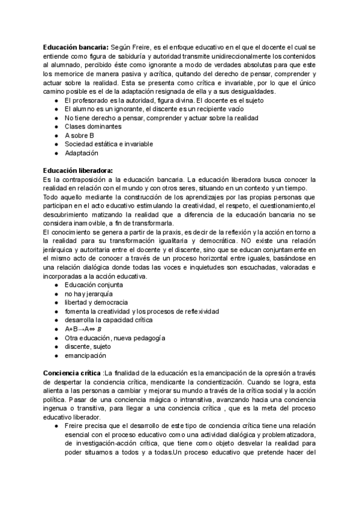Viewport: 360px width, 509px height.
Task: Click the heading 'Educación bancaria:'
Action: click(76, 47)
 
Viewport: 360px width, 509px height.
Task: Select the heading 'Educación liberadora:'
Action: click(78, 170)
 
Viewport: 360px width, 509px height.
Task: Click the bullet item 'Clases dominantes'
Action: click(93, 127)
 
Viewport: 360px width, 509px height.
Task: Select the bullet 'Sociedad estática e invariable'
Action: click(109, 144)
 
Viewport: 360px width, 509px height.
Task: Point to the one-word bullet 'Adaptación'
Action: click(82, 153)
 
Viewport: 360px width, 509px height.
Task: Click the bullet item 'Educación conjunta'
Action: click(95, 285)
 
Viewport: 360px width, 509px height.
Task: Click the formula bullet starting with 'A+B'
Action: click(83, 329)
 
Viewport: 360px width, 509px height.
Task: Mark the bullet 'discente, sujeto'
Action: click(88, 347)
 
